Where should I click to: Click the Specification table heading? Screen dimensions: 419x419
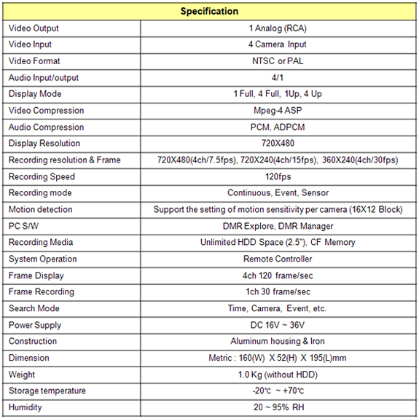tap(209, 11)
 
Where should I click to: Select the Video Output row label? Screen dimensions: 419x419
tap(34, 28)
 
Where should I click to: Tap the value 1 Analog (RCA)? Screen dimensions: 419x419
tap(277, 28)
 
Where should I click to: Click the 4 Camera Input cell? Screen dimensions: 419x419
tap(277, 45)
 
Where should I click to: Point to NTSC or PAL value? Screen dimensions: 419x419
tap(277, 61)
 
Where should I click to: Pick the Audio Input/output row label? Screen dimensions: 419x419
tap(44, 78)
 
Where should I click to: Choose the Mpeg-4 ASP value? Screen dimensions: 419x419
tap(277, 111)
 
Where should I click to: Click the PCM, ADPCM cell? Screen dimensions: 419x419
tap(277, 128)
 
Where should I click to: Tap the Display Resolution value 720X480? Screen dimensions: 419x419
tap(277, 144)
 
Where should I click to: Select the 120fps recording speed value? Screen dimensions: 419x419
tap(277, 177)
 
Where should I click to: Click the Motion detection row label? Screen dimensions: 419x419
tap(41, 210)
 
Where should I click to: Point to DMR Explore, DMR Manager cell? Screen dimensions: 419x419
tap(277, 226)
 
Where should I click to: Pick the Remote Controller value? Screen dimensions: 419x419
tap(277, 259)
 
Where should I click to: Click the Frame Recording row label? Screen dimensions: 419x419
tap(42, 291)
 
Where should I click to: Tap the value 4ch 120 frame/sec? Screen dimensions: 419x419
tap(277, 275)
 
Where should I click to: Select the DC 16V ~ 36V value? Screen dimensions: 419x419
tap(277, 325)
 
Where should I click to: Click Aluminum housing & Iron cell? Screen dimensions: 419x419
tap(277, 341)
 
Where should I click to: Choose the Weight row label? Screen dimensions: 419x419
tap(22, 375)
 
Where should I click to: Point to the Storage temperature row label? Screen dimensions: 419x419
tap(47, 391)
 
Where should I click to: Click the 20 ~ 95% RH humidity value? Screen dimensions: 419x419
tap(277, 407)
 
